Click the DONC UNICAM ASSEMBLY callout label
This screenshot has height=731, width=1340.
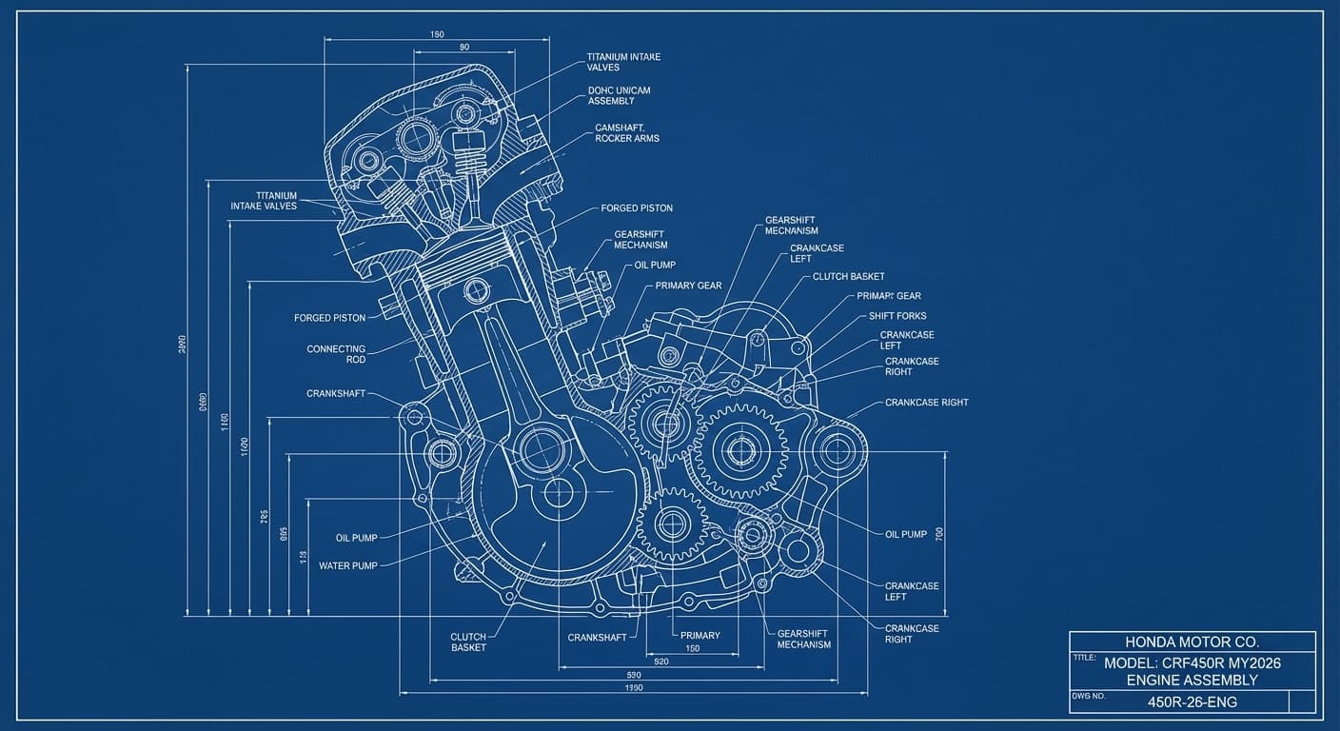pyautogui.click(x=619, y=95)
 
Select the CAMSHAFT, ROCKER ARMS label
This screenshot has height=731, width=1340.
pyautogui.click(x=626, y=132)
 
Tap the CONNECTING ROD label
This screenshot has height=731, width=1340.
pyautogui.click(x=336, y=354)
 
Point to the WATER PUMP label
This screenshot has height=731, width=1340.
pyautogui.click(x=347, y=565)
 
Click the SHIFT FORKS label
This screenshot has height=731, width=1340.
pyautogui.click(x=897, y=316)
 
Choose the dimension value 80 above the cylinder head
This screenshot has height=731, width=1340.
pyautogui.click(x=464, y=47)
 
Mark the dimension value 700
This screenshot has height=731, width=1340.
pyautogui.click(x=939, y=534)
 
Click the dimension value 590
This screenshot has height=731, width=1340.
pyautogui.click(x=633, y=675)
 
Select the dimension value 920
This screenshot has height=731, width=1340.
pyautogui.click(x=661, y=661)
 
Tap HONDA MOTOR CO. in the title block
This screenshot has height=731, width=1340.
pyautogui.click(x=1192, y=642)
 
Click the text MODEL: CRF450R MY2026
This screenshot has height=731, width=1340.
pyautogui.click(x=1192, y=662)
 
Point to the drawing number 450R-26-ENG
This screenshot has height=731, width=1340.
pyautogui.click(x=1192, y=702)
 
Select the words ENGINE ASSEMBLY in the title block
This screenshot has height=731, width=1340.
pyautogui.click(x=1192, y=680)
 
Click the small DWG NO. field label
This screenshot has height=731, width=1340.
pyautogui.click(x=1088, y=696)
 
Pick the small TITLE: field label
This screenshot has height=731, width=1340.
pyautogui.click(x=1084, y=657)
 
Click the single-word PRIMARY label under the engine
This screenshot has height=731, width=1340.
pyautogui.click(x=700, y=635)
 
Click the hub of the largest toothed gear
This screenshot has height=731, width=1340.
pyautogui.click(x=739, y=450)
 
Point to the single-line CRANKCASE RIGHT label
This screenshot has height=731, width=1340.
pyautogui.click(x=926, y=403)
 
